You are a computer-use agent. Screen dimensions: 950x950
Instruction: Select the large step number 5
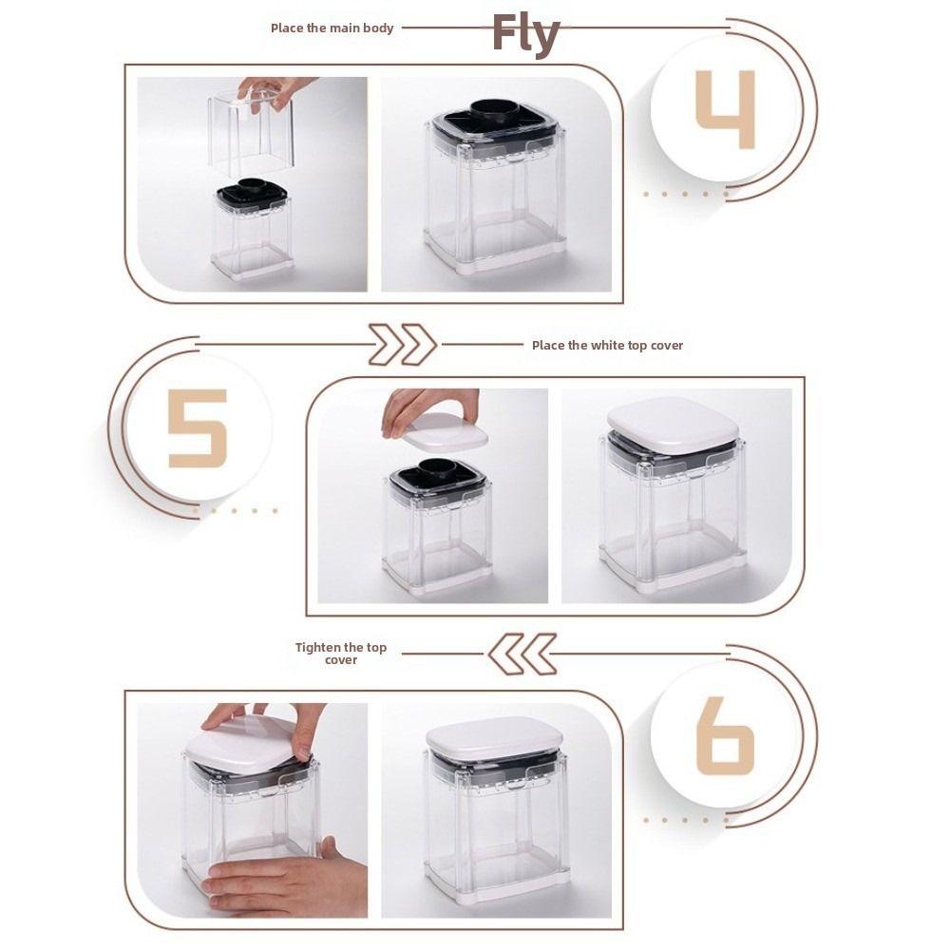tap(198, 428)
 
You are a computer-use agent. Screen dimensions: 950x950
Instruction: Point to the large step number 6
tap(725, 735)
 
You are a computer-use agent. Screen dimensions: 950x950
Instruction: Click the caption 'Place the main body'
tap(332, 28)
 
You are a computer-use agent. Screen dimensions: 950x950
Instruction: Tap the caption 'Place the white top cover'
tap(607, 346)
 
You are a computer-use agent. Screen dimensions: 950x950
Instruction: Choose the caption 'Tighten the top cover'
tap(341, 654)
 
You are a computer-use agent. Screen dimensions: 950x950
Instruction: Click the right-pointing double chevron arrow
tap(402, 345)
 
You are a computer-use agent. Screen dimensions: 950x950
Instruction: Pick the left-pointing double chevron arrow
tap(522, 654)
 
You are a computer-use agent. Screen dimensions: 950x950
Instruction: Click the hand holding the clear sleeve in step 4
tap(274, 92)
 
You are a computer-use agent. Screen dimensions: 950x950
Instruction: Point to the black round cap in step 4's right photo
tap(494, 110)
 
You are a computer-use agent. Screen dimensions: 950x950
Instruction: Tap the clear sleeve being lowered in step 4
tap(251, 133)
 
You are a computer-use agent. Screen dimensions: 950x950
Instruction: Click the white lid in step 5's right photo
tap(674, 424)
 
